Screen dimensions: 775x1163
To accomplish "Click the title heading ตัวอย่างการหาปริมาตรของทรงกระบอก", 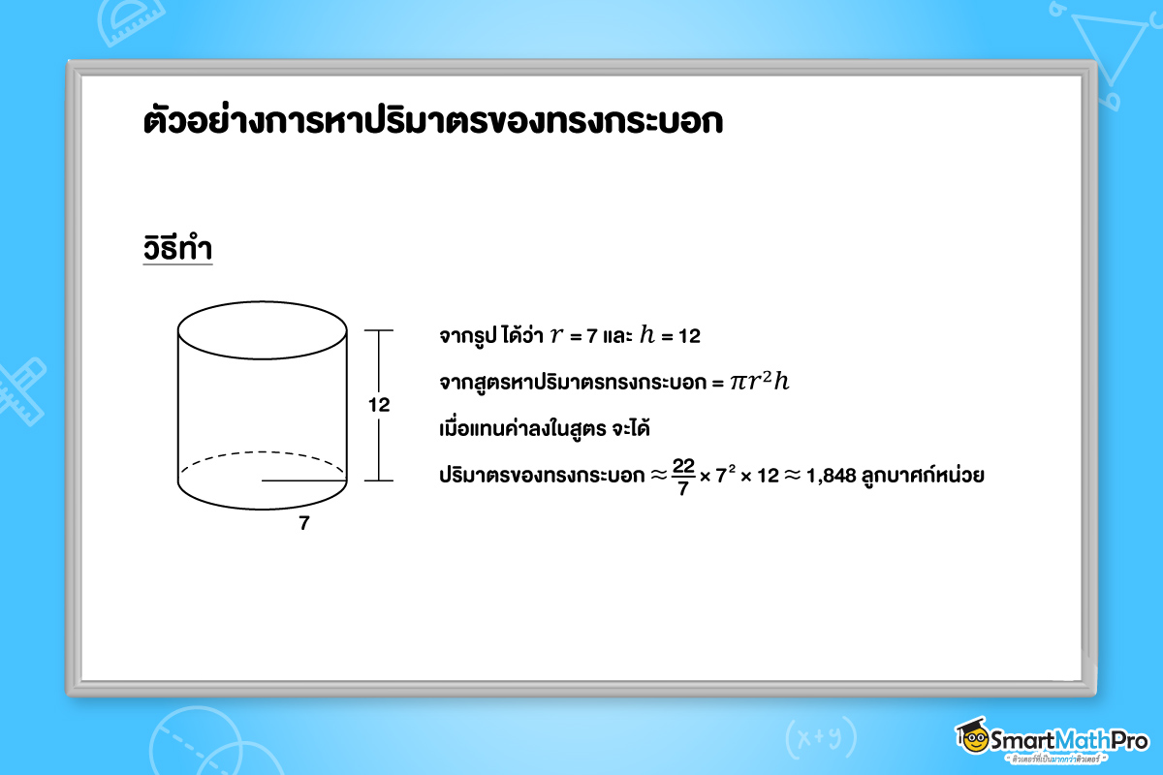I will [432, 125].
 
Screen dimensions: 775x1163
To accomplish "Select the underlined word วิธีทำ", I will [177, 249].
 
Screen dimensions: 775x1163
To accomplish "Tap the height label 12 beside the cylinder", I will [379, 406].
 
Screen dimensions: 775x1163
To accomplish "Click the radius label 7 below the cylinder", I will [304, 524].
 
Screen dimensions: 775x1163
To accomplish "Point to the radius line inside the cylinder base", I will [303, 480].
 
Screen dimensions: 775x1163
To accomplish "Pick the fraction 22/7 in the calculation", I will [683, 475].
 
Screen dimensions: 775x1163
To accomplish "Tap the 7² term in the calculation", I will [722, 476].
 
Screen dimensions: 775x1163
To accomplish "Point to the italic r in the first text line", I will [555, 336].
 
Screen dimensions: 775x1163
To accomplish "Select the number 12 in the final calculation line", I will [766, 476].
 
